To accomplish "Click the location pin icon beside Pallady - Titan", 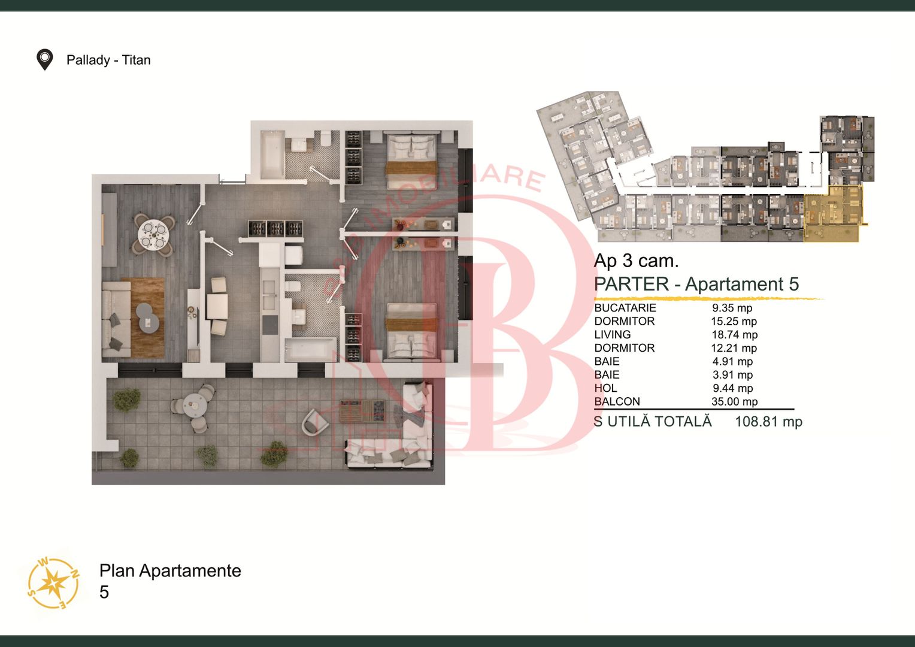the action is click(x=44, y=59).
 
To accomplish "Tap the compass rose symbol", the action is click(x=53, y=582).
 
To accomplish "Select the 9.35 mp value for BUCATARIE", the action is click(x=732, y=308).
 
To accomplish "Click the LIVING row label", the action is click(x=613, y=334).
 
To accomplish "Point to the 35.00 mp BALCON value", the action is click(x=734, y=401).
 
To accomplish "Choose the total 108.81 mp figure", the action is click(x=769, y=421).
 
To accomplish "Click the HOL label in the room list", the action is click(x=605, y=388).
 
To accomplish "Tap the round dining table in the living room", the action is click(x=154, y=235).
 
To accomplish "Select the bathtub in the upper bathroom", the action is click(x=272, y=155).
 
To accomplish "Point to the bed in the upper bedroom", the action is click(x=412, y=161).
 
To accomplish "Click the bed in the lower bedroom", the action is click(x=412, y=330).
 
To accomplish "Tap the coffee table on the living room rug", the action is click(x=148, y=318).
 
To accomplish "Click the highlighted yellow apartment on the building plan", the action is click(x=834, y=213).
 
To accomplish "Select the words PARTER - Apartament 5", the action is click(x=696, y=284).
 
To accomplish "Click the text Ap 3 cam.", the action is click(x=636, y=261).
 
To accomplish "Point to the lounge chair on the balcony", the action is click(x=314, y=422).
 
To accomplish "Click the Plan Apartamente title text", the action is click(x=170, y=570).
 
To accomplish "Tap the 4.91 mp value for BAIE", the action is click(x=732, y=361).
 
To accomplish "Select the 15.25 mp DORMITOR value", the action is click(x=734, y=321).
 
